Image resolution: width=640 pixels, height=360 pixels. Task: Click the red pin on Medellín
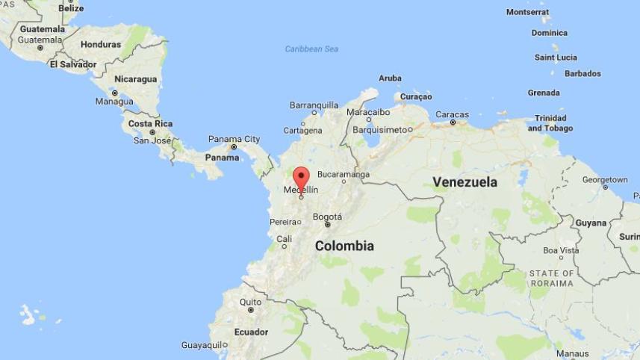(x=301, y=179)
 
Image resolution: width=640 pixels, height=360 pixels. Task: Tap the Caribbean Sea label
(x=311, y=49)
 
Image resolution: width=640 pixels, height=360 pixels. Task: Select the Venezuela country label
(x=465, y=181)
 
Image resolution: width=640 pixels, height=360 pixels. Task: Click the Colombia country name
(x=344, y=246)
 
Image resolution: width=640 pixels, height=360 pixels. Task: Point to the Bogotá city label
(x=327, y=217)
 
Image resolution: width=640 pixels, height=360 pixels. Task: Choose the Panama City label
(x=234, y=139)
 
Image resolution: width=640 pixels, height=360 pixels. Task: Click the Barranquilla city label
(x=314, y=105)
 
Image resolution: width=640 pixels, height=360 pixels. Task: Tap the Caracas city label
(x=452, y=114)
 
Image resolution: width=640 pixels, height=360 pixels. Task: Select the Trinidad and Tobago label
(x=550, y=123)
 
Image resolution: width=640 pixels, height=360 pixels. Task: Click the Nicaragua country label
(x=135, y=79)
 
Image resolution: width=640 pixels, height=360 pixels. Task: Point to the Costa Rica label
(x=150, y=123)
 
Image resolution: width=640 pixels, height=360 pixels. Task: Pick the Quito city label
(x=250, y=302)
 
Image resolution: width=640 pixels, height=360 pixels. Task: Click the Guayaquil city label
(x=202, y=345)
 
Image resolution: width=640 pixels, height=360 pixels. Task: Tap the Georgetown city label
(x=604, y=180)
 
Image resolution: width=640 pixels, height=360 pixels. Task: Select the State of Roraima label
(x=551, y=279)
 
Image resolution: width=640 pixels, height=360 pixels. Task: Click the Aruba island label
(x=390, y=78)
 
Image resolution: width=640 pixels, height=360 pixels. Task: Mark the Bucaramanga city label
(x=343, y=174)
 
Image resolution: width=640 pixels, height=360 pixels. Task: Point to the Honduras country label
(x=100, y=44)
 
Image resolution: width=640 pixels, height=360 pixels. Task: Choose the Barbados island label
(x=582, y=73)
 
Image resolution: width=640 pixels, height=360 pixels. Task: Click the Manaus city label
(x=572, y=353)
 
